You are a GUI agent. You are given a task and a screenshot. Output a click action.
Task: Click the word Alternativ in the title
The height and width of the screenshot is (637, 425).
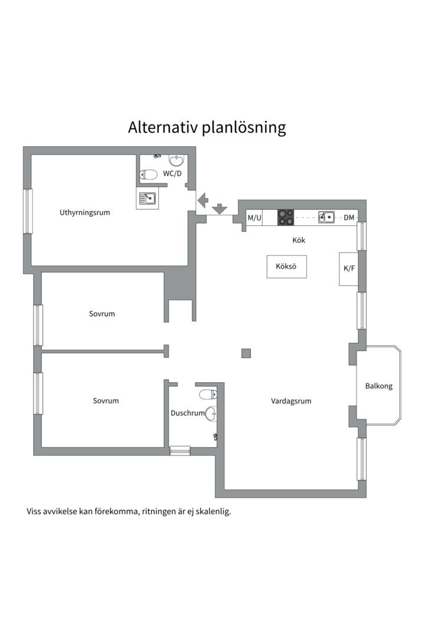pyautogui.click(x=163, y=127)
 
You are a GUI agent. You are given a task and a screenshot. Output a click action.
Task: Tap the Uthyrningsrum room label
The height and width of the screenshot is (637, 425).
pyautogui.click(x=84, y=212)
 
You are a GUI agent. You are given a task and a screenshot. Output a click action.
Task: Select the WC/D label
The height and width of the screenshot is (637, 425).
pyautogui.click(x=172, y=173)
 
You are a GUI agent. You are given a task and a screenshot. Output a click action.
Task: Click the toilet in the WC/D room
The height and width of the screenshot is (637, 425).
pyautogui.click(x=148, y=175)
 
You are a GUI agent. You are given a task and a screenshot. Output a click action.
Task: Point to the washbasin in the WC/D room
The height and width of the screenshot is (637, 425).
pyautogui.click(x=176, y=160)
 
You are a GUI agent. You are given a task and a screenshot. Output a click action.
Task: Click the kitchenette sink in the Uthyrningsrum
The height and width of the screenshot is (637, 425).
pyautogui.click(x=147, y=199)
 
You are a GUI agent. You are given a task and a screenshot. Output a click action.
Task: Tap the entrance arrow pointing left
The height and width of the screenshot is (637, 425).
pyautogui.click(x=202, y=201)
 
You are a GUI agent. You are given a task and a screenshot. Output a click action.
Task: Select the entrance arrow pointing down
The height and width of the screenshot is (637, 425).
pyautogui.click(x=220, y=208)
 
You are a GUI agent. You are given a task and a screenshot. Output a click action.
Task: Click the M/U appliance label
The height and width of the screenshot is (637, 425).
pyautogui.click(x=254, y=218)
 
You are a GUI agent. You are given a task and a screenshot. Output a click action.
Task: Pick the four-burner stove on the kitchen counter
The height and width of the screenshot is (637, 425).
pyautogui.click(x=286, y=218)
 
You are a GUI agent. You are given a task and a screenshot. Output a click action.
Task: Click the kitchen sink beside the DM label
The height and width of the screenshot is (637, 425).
pyautogui.click(x=326, y=218)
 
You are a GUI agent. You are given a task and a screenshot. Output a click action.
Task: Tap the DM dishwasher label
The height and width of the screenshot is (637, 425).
pyautogui.click(x=349, y=218)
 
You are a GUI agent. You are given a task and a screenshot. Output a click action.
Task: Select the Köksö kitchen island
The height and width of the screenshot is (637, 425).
pyautogui.click(x=286, y=267)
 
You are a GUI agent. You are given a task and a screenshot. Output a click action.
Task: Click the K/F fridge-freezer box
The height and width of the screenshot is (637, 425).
pyautogui.click(x=349, y=269)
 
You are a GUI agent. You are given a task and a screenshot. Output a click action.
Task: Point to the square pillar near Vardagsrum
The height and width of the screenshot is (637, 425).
pyautogui.click(x=246, y=353)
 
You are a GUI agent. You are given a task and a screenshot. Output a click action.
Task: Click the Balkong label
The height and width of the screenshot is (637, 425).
pyautogui.click(x=378, y=386)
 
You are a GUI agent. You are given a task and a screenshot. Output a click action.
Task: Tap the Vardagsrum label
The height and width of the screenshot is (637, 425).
pyautogui.click(x=291, y=401)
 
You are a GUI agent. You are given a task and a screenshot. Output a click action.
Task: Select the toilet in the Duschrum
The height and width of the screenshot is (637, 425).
pyautogui.click(x=207, y=394)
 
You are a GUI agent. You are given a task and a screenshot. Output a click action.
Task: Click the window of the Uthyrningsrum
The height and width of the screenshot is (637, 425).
pyautogui.click(x=28, y=211)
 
